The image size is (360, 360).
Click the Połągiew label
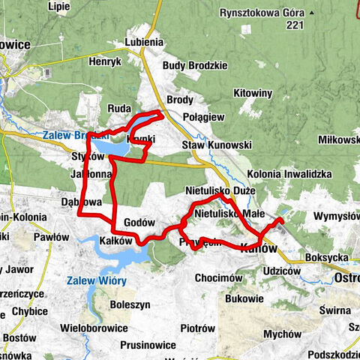click(204, 117)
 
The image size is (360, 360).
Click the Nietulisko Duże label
click(220, 191)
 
